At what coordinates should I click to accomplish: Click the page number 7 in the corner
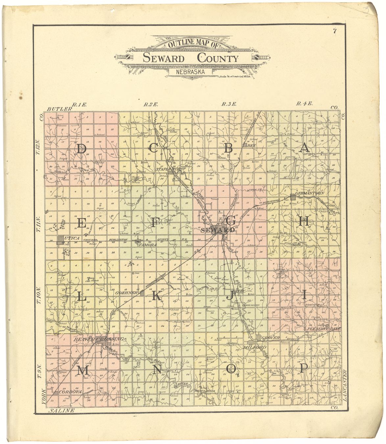pos(334,32)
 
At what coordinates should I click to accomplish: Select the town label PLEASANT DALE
pos(320,328)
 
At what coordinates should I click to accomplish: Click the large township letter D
pos(81,149)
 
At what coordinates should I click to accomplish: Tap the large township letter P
pos(303,368)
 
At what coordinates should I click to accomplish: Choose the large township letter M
pos(83,370)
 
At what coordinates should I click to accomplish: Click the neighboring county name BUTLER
pos(59,109)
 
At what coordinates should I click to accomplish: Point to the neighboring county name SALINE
pos(61,411)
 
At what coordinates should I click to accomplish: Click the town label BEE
pos(252,145)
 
